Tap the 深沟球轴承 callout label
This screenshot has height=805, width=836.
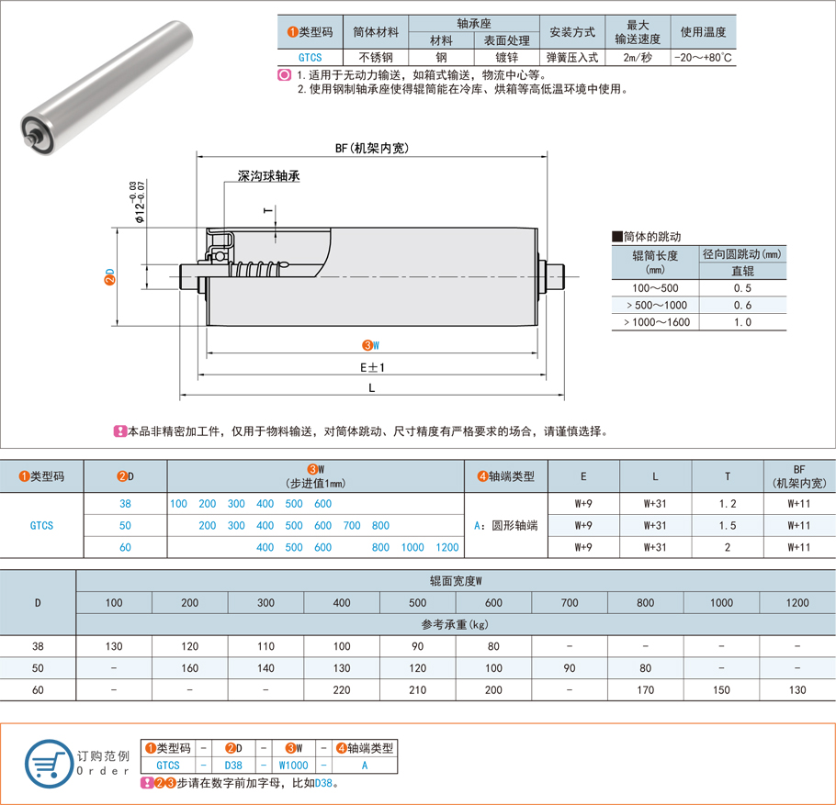point(269,175)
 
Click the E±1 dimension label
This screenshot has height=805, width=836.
point(371,366)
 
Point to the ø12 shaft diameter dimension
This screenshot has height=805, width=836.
point(138,203)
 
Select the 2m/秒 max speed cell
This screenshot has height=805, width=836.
point(638,57)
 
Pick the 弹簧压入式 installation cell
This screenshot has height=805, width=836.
point(571,57)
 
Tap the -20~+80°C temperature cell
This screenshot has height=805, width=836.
point(703,57)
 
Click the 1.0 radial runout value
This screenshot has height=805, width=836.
point(742,322)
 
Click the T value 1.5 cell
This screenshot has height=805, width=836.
point(728,525)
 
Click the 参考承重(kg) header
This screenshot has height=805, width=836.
point(455,624)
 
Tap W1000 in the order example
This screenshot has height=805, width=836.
point(294,764)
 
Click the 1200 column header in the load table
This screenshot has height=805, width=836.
point(797,602)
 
